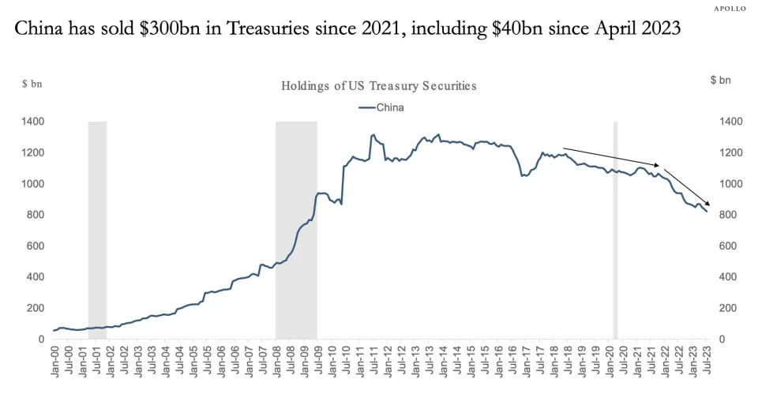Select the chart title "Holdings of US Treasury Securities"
point(378,85)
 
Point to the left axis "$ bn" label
point(32,82)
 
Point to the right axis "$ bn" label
point(721,80)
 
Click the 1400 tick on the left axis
point(32,122)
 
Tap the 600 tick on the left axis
point(36,246)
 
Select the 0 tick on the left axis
point(41,340)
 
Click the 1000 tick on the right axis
point(730,184)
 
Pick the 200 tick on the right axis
point(727,309)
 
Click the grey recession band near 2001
point(97,229)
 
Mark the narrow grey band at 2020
point(615,229)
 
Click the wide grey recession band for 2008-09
point(296,229)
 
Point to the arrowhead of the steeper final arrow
point(707,207)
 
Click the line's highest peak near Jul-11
point(372,135)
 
